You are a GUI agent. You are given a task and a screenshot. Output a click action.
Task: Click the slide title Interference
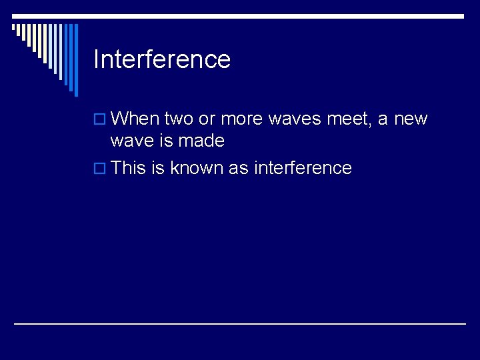(162, 59)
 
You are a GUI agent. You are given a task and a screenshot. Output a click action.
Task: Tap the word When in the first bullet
(135, 119)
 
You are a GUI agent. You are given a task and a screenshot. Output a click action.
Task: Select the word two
(177, 119)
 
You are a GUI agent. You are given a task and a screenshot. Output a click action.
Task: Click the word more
(241, 119)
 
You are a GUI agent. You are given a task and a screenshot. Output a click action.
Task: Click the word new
(411, 119)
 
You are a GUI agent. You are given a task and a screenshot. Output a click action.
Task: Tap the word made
(202, 141)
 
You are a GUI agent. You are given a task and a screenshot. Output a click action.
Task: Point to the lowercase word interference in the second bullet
(303, 168)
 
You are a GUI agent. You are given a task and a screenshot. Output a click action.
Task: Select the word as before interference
(238, 168)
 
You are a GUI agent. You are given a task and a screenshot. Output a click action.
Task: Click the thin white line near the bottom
(240, 323)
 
